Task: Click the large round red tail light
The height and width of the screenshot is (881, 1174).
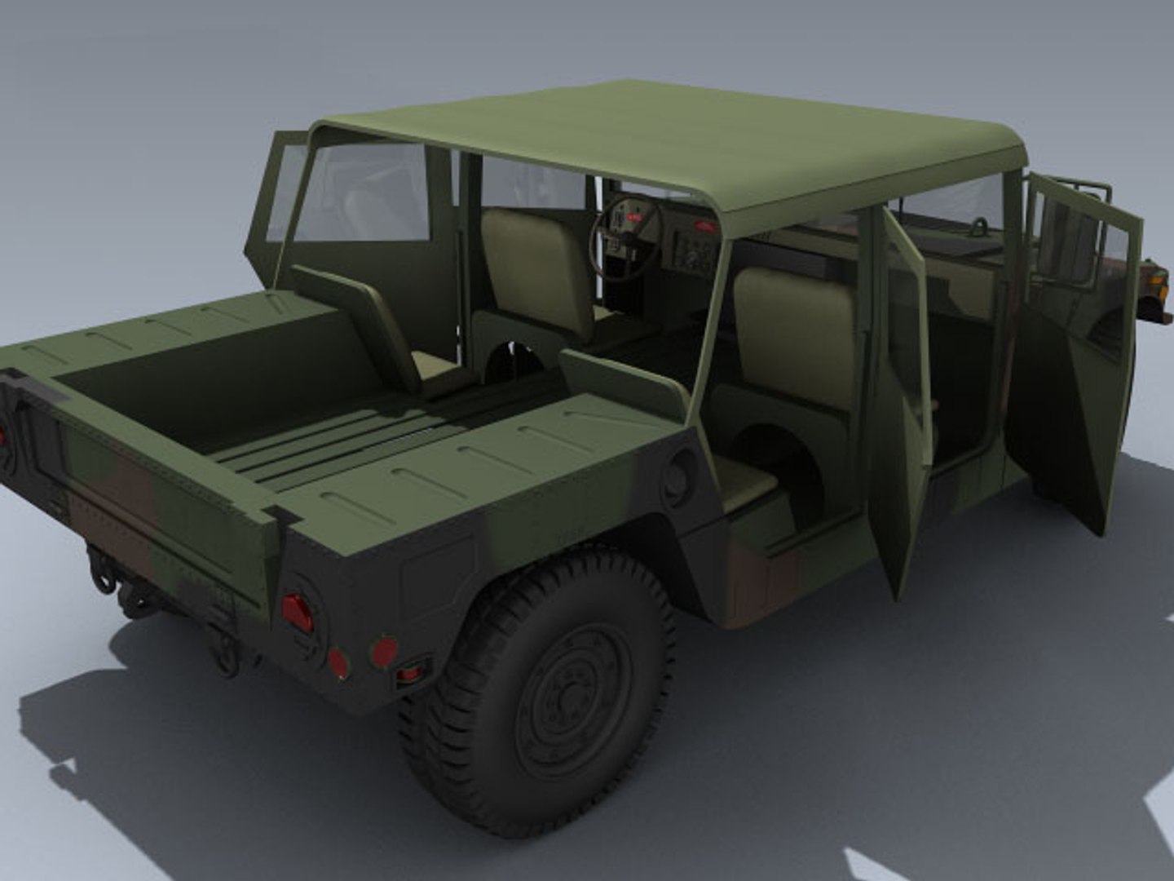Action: (297, 613)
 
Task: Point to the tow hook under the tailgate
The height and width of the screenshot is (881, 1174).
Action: (102, 571)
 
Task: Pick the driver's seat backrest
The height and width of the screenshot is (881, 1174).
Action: (795, 326)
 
